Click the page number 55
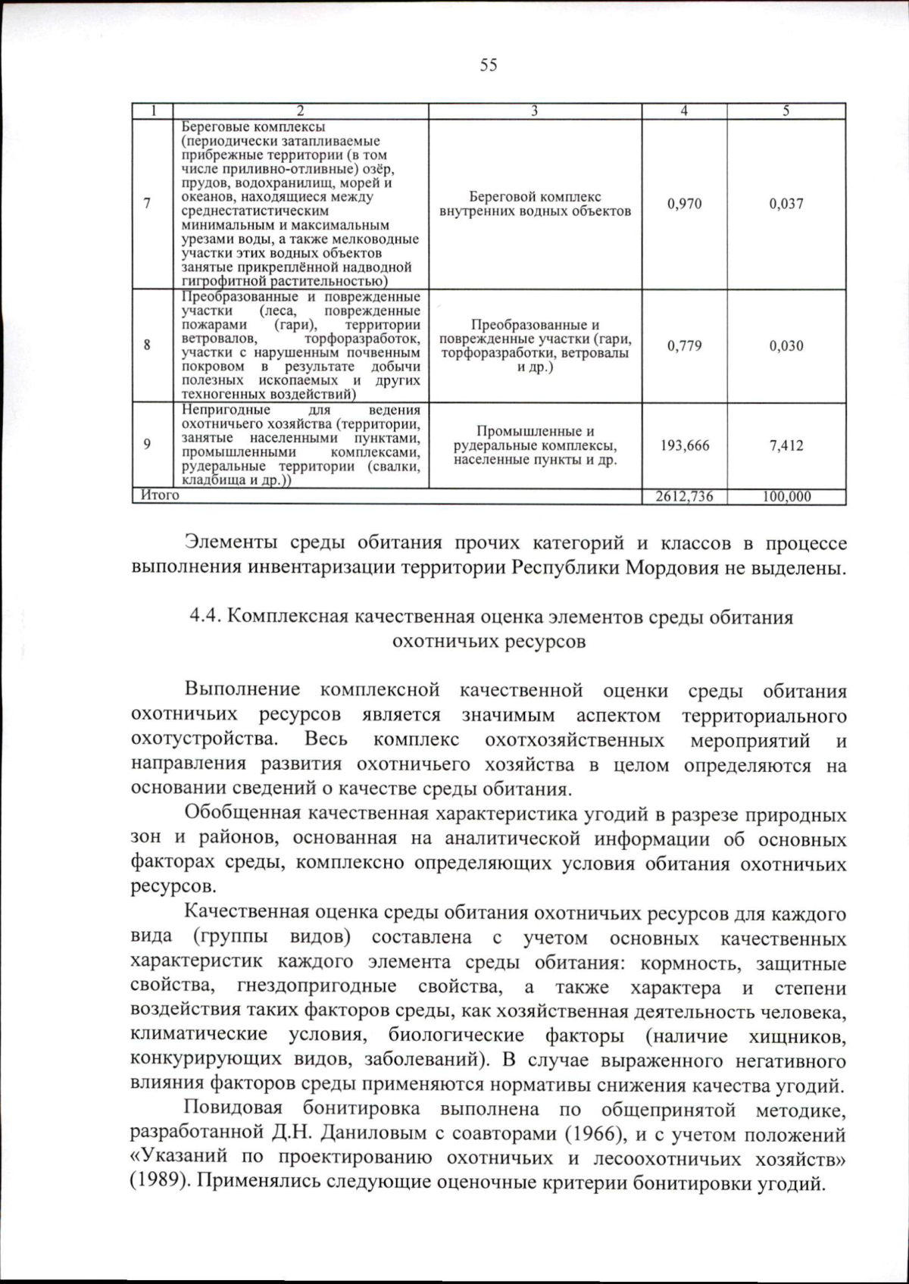tap(489, 65)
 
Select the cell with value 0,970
tap(684, 204)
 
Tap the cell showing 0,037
tap(786, 204)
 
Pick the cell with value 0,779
tap(684, 346)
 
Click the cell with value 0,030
tap(786, 346)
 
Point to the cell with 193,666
tap(684, 445)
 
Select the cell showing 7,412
tap(786, 445)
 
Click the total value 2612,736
tap(684, 497)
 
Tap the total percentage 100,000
tap(786, 497)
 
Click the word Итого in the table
tap(161, 495)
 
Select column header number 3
tap(534, 111)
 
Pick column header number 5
tap(786, 111)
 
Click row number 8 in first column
tap(147, 345)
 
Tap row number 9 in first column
tap(147, 445)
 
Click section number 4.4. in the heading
tap(205, 617)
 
